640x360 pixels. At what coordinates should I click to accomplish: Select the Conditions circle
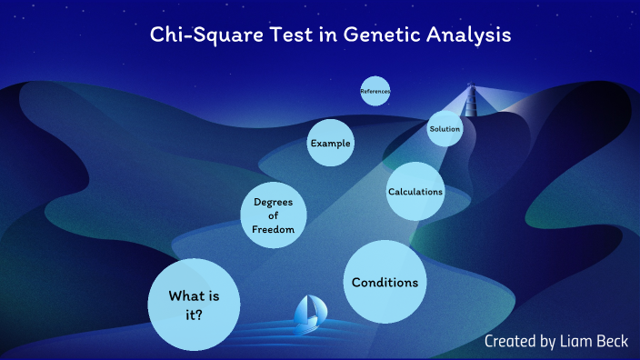pyautogui.click(x=385, y=282)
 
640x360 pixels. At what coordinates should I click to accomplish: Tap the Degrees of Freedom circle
pyautogui.click(x=273, y=215)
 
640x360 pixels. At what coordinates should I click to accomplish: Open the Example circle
pyautogui.click(x=329, y=144)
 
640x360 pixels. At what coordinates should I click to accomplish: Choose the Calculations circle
pyautogui.click(x=415, y=192)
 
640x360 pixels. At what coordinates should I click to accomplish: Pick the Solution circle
pyautogui.click(x=445, y=129)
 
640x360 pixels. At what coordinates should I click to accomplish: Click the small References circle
pyautogui.click(x=375, y=91)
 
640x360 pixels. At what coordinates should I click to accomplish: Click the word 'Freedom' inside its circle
pyautogui.click(x=273, y=230)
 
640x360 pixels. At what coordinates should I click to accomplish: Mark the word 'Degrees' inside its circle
pyautogui.click(x=273, y=202)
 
